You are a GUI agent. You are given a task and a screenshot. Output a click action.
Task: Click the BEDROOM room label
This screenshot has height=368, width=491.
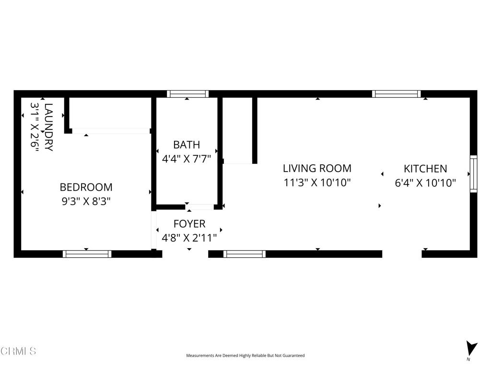point(86,187)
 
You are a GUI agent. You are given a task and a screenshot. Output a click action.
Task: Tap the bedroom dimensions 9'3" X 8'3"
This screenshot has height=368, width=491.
point(86,202)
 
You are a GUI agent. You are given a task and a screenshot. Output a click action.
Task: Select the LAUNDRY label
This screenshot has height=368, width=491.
point(48,127)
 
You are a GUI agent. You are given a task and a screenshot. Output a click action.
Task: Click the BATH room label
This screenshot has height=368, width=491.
point(187,145)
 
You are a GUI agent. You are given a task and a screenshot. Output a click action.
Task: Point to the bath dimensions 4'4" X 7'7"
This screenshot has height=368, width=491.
point(187,159)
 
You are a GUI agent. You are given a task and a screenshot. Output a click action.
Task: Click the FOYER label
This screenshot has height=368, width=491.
point(189,224)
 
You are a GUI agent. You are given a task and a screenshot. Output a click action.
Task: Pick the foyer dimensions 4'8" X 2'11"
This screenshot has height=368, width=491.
point(189,238)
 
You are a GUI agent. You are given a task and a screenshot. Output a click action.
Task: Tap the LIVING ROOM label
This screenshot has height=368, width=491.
point(317,168)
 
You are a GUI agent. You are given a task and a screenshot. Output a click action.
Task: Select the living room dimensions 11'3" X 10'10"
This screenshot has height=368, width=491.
point(317,183)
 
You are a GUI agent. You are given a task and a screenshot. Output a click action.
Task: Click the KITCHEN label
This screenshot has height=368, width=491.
point(425,169)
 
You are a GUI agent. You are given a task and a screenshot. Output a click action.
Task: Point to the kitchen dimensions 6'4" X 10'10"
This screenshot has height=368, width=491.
point(425,183)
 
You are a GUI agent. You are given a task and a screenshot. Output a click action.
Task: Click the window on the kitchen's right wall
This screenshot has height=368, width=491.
point(473,173)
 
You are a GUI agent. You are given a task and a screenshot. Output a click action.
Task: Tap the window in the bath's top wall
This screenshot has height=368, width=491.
point(187,94)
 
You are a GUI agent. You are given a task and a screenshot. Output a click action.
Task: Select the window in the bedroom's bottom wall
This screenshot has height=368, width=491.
point(87,254)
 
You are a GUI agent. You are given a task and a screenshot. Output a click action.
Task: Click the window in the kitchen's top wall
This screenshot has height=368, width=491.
point(397,94)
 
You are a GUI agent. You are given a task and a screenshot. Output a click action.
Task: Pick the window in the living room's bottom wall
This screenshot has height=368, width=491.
point(245,254)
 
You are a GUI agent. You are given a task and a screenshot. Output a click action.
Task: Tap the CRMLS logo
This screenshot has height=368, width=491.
point(18,351)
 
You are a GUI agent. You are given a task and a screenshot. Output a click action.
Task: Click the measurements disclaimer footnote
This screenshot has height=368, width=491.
point(245,356)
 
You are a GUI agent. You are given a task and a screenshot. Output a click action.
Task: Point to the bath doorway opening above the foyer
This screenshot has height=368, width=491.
point(199,207)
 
